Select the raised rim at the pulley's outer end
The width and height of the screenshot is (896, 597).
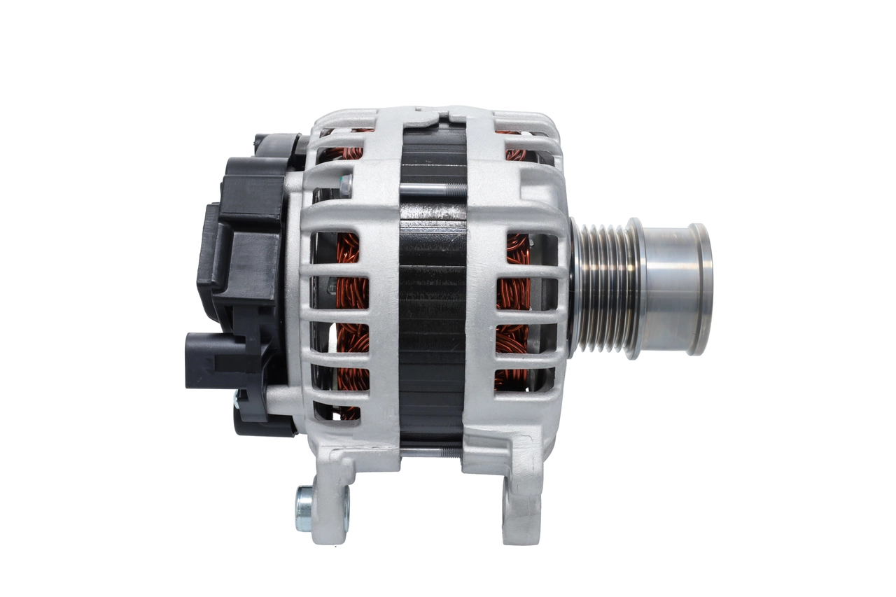click(700, 288)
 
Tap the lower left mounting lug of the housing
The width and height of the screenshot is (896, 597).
click(330, 500)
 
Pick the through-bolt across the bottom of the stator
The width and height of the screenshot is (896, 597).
click(430, 452)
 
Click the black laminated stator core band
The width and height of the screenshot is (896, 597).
click(433, 308)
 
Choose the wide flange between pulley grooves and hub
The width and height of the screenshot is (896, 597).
click(634, 288)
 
